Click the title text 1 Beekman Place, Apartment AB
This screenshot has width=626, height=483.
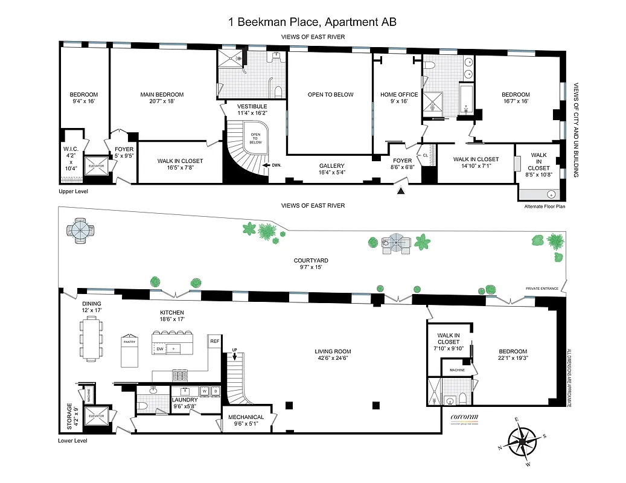click(x=312, y=22)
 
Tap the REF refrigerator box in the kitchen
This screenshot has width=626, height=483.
click(x=214, y=342)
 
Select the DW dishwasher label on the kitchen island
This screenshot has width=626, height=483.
click(x=160, y=349)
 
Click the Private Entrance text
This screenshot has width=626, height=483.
click(x=541, y=289)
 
